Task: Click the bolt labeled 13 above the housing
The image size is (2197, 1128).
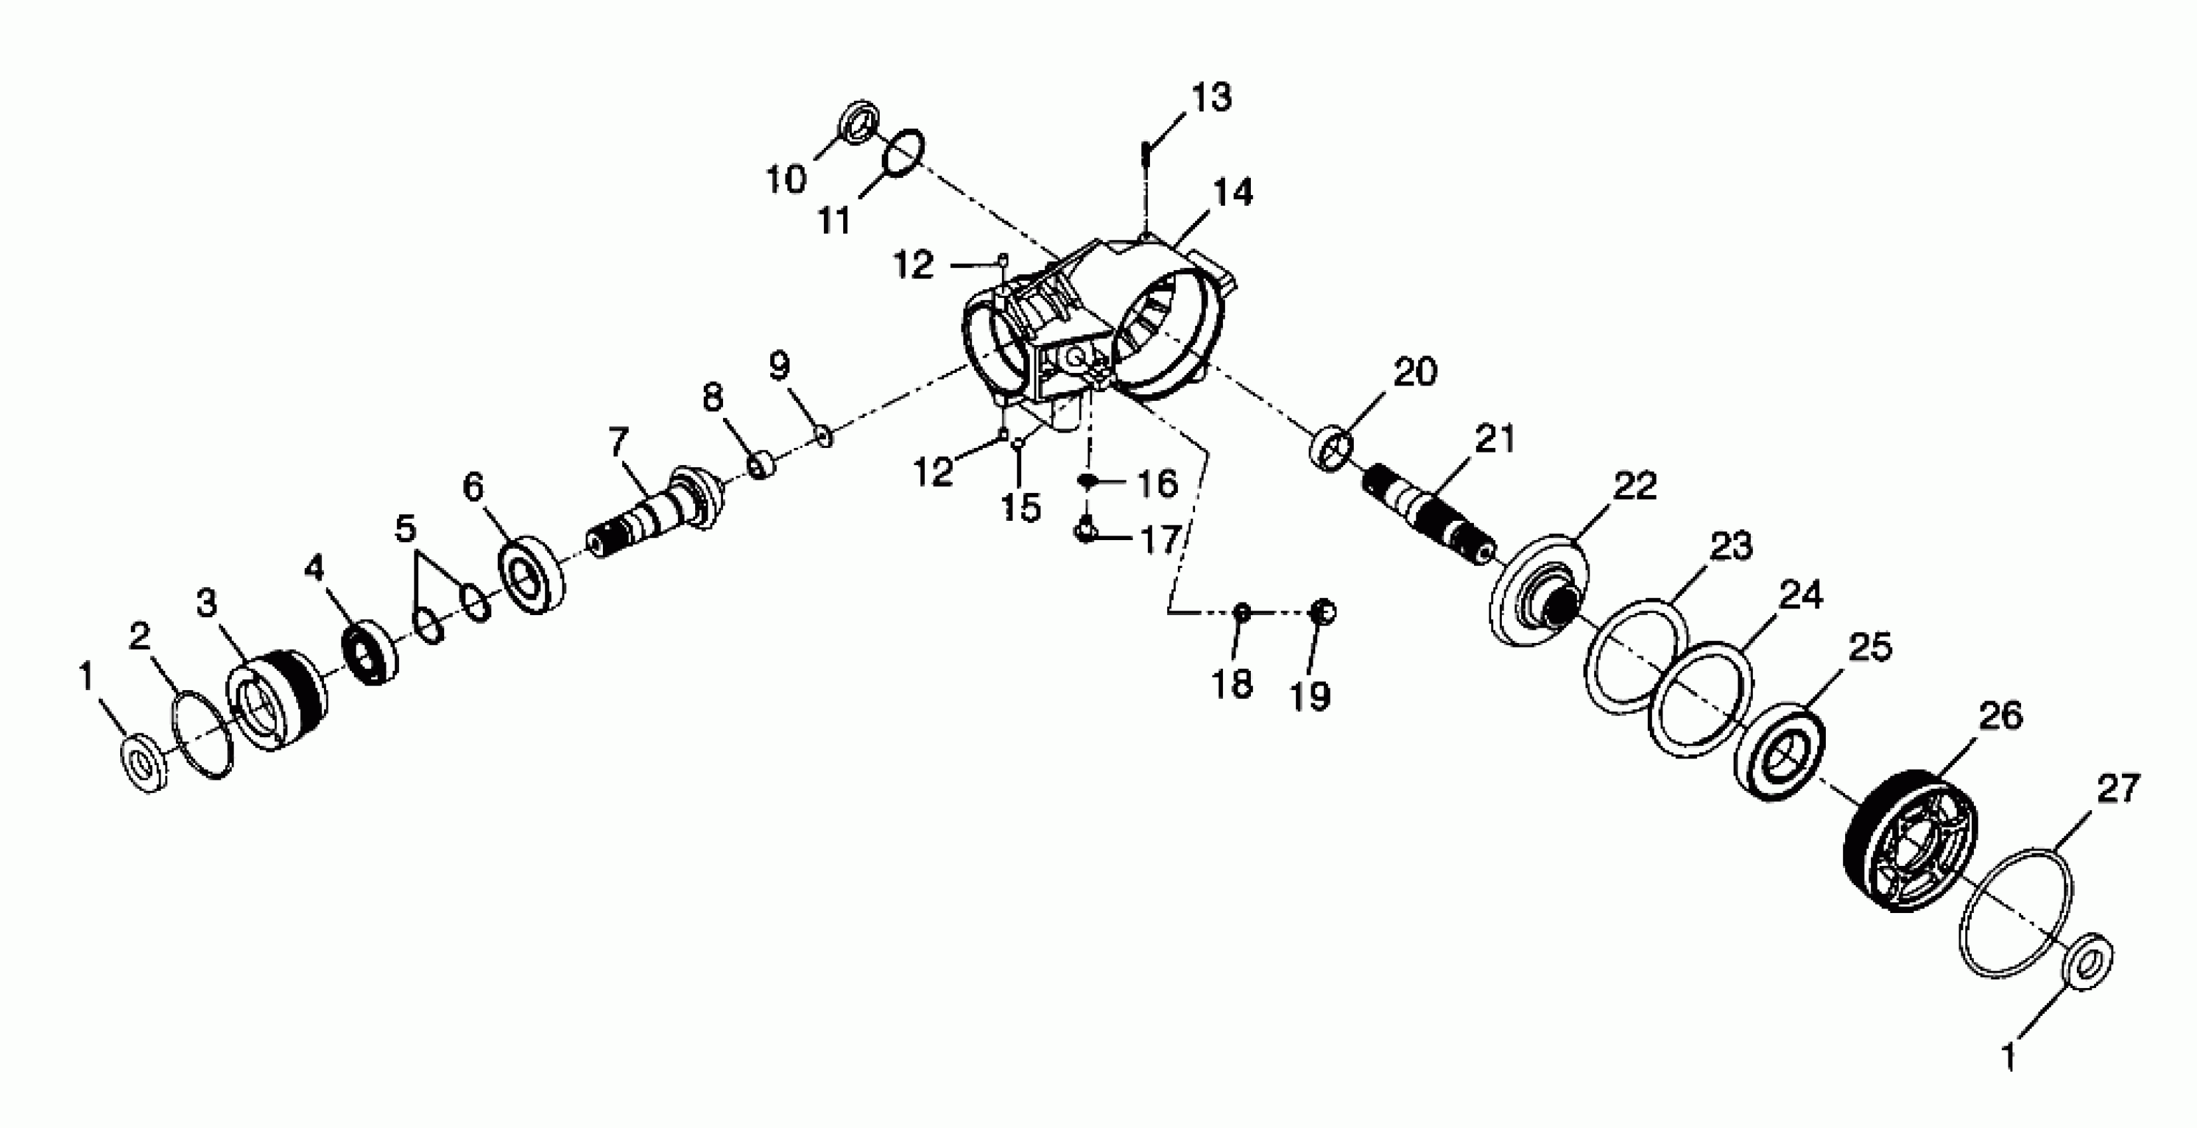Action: tap(1146, 159)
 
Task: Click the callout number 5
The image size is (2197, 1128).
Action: tap(405, 529)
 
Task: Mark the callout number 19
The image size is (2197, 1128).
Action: tap(1311, 697)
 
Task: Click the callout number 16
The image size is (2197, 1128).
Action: tap(1157, 484)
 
